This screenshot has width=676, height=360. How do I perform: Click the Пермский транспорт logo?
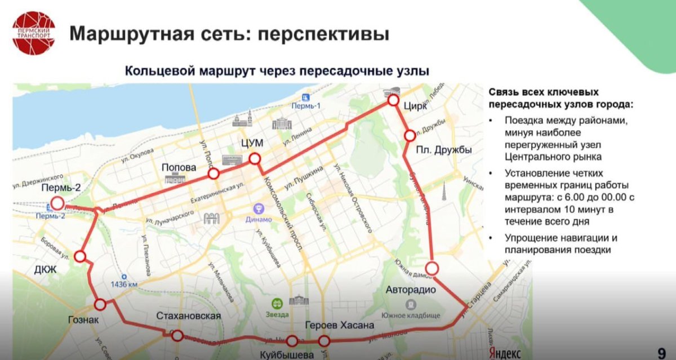click(x=34, y=33)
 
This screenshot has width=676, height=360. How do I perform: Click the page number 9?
click(x=661, y=353)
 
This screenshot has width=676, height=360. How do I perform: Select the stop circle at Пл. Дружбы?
click(x=410, y=136)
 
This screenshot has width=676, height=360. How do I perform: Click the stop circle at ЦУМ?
click(x=255, y=159)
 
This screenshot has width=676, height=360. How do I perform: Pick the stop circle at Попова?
click(x=213, y=173)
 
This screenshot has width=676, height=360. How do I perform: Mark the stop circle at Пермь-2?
click(x=57, y=204)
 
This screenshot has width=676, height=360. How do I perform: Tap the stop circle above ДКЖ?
click(x=80, y=257)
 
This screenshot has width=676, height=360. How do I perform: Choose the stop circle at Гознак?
click(x=100, y=305)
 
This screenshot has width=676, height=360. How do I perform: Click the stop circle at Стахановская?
click(x=177, y=336)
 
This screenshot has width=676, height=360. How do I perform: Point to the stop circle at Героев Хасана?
click(x=324, y=341)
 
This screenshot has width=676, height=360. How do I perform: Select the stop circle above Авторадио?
click(x=432, y=268)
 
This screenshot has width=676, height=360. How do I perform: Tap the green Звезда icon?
click(x=277, y=303)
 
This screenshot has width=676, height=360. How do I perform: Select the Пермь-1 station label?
click(x=306, y=106)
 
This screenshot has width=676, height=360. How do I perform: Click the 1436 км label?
click(x=124, y=285)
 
